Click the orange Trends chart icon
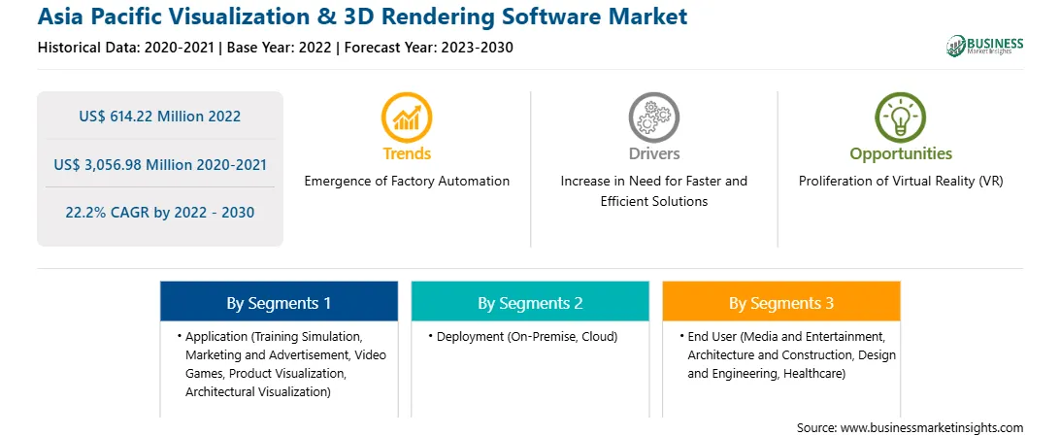pyautogui.click(x=407, y=117)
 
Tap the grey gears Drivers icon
pyautogui.click(x=653, y=117)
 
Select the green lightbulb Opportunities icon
pyautogui.click(x=901, y=117)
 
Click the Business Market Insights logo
pyautogui.click(x=985, y=46)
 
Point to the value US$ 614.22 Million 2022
pyautogui.click(x=159, y=117)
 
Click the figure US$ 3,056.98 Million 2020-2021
pyautogui.click(x=159, y=164)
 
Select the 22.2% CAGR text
pyautogui.click(x=159, y=213)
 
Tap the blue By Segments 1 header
pyautogui.click(x=279, y=301)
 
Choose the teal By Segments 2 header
pyautogui.click(x=530, y=301)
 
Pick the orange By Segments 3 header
pyautogui.click(x=781, y=301)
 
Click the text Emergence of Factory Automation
pyautogui.click(x=407, y=182)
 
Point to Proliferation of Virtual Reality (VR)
pyautogui.click(x=901, y=182)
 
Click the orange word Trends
pyautogui.click(x=407, y=153)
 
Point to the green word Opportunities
pyautogui.click(x=901, y=154)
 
